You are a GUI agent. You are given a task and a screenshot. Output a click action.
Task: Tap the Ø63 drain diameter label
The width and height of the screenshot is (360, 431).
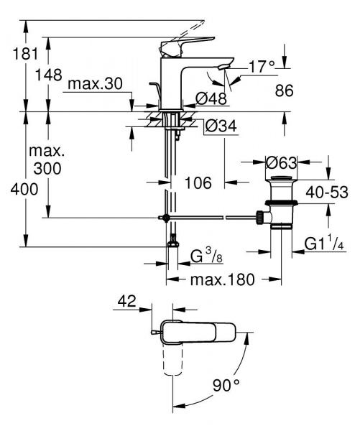[282, 163]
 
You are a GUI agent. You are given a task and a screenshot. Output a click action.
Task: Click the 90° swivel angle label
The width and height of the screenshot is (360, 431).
[226, 386]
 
